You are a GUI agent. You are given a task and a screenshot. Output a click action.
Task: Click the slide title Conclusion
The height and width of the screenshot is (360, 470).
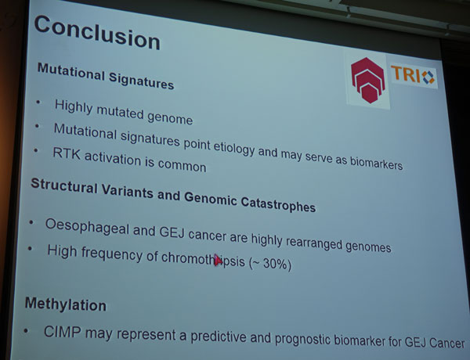97,33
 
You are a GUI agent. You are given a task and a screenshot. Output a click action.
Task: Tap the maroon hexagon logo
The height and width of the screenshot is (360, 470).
368,80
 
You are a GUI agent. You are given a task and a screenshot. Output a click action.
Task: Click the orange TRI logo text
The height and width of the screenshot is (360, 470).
406,74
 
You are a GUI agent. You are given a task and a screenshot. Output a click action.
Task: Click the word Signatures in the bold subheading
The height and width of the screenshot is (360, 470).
141,81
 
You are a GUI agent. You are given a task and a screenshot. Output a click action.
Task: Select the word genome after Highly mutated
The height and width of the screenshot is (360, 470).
170,117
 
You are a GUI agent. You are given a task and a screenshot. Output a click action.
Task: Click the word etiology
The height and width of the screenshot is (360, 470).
233,148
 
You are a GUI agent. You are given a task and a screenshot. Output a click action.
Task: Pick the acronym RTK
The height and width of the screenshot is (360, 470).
67,153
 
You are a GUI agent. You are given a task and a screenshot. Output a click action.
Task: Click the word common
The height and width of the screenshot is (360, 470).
182,165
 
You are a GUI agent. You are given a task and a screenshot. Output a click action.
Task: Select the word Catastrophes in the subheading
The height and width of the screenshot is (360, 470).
278,205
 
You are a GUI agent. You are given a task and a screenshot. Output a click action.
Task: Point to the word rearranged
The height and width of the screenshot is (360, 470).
313,243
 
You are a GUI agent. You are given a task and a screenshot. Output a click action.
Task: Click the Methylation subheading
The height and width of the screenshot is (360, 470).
66,304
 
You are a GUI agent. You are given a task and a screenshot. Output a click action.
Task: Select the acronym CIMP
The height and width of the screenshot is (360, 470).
63,332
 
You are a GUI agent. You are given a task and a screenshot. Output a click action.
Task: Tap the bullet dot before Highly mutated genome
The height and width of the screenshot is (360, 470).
38,102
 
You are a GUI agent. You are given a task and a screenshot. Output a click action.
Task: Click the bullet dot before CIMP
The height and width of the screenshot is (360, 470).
27,331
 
